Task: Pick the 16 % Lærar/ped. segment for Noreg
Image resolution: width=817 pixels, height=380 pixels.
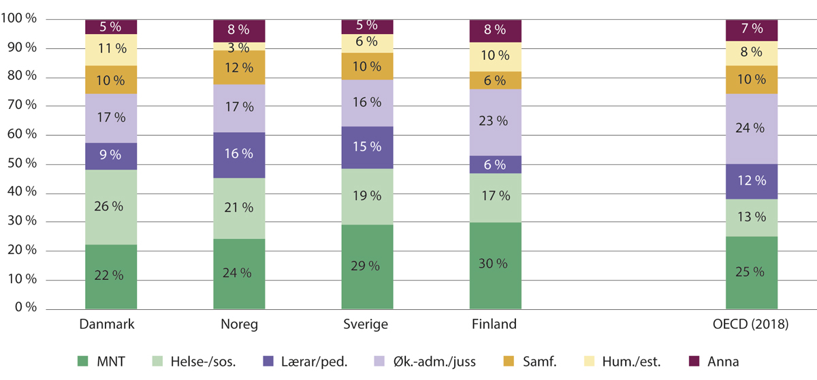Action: pyautogui.click(x=239, y=155)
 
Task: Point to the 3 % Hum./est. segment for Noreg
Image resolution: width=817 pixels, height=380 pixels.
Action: pyautogui.click(x=239, y=46)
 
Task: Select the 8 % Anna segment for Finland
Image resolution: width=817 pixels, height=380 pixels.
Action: pyautogui.click(x=495, y=30)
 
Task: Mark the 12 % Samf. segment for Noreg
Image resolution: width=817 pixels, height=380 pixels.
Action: pyautogui.click(x=239, y=67)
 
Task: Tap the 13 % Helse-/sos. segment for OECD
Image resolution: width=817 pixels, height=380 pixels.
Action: pyautogui.click(x=752, y=218)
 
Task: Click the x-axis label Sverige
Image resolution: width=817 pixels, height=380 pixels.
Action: pyautogui.click(x=367, y=325)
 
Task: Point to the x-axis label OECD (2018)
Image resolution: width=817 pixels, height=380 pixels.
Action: pyautogui.click(x=752, y=325)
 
